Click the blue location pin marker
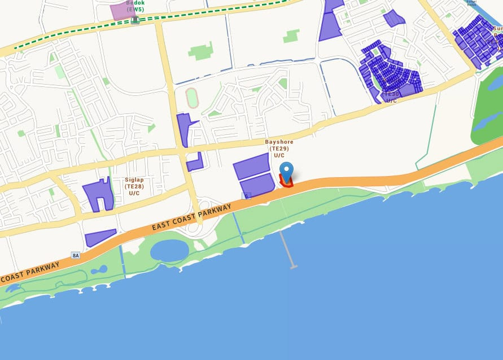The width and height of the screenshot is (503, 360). [287, 170]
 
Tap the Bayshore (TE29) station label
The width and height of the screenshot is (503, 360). [279, 148]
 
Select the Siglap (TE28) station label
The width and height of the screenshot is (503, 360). [134, 186]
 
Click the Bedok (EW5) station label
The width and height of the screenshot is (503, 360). [135, 6]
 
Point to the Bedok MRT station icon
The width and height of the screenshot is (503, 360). [135, 20]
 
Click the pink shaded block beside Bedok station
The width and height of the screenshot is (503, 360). [120, 10]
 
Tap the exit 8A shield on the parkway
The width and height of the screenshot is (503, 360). [76, 256]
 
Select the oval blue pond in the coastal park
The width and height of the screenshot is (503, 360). [169, 250]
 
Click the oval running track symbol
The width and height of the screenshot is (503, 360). [192, 98]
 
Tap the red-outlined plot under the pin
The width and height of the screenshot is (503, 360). [287, 182]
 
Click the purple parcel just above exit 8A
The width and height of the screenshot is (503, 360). [100, 238]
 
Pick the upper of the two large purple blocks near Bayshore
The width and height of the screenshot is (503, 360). [251, 166]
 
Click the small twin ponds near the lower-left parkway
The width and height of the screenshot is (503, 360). [100, 270]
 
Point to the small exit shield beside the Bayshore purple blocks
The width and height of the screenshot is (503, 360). [246, 196]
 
